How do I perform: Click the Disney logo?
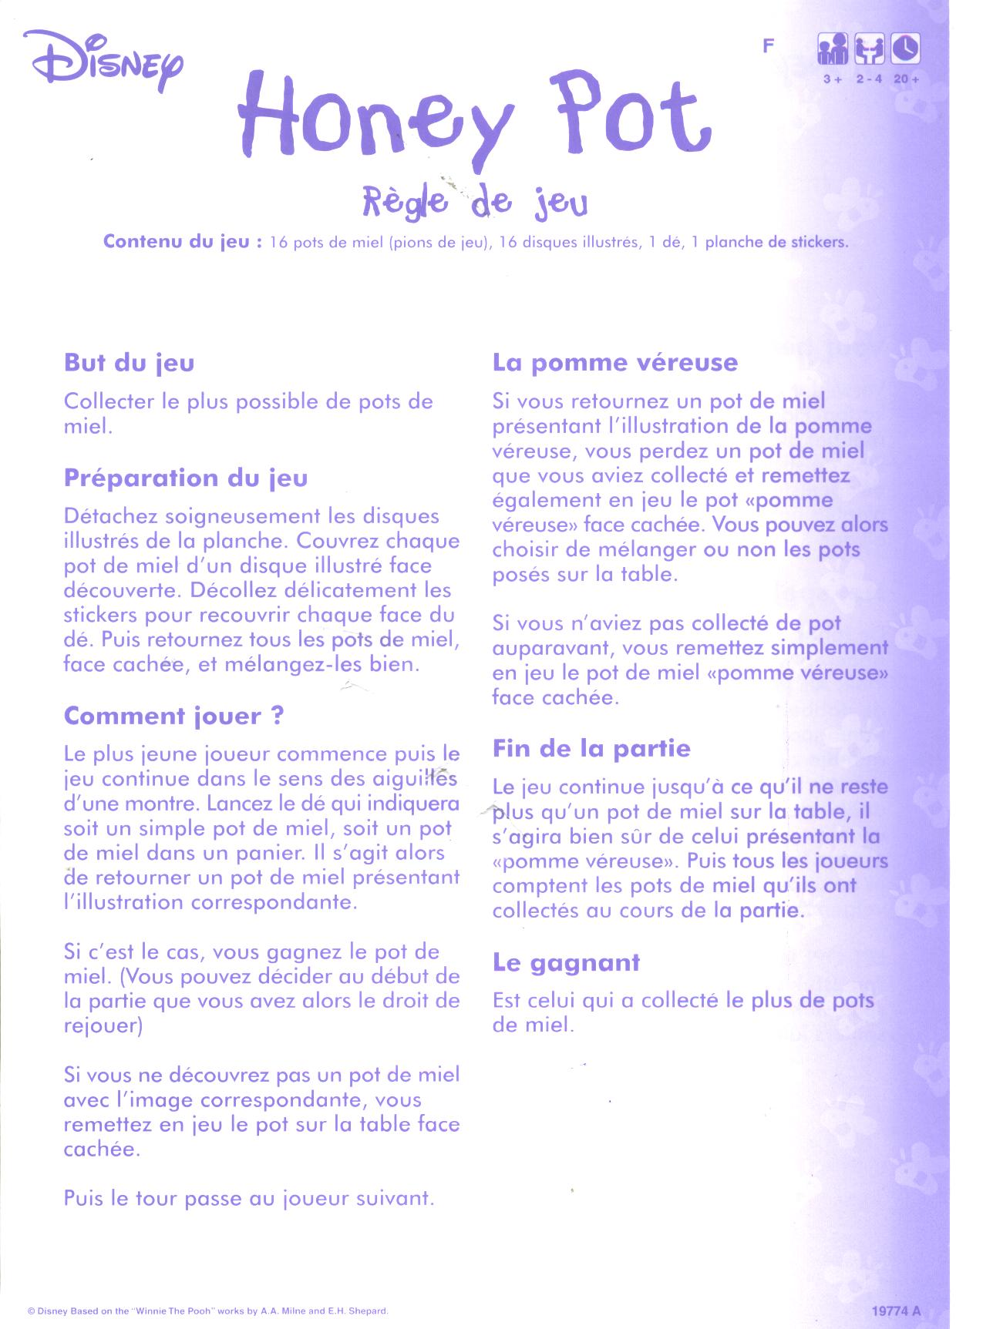click(x=104, y=61)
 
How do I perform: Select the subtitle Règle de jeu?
click(x=475, y=202)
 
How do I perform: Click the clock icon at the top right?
click(x=905, y=49)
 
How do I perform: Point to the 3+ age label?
click(x=832, y=79)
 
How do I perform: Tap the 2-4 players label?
click(x=869, y=79)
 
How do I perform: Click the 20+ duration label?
click(x=907, y=79)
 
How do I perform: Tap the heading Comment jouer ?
click(x=174, y=716)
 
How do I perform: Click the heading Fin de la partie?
click(x=591, y=748)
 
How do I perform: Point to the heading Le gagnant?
click(x=567, y=962)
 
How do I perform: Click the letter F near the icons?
click(x=768, y=46)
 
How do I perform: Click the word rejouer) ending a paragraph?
click(x=103, y=1026)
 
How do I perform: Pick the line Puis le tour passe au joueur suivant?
click(x=249, y=1199)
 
